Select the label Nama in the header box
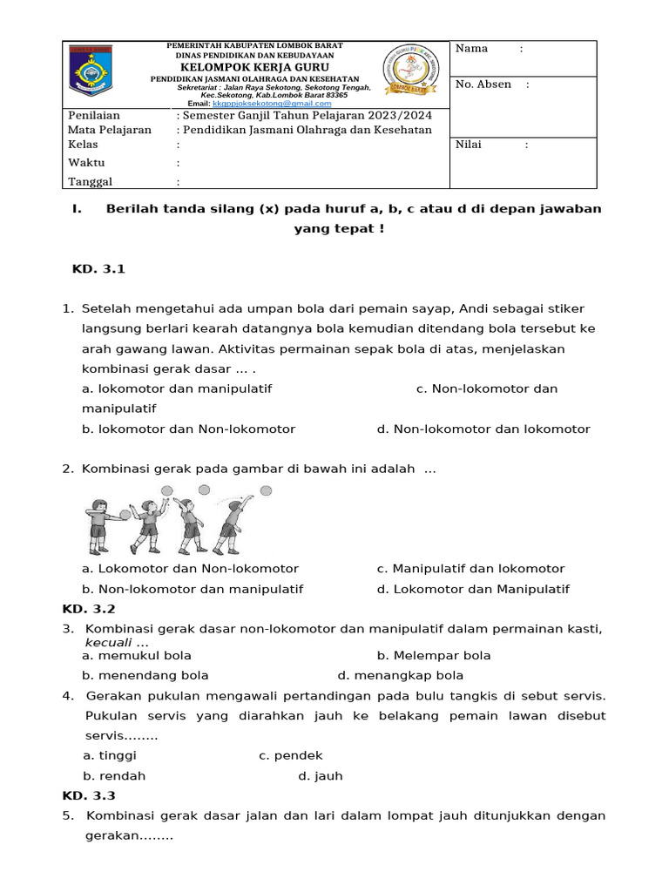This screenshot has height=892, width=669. pyautogui.click(x=471, y=49)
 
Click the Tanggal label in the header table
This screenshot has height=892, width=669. pyautogui.click(x=91, y=182)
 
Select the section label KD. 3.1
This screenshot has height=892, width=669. pyautogui.click(x=98, y=269)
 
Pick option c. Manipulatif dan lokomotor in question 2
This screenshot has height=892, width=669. pyautogui.click(x=470, y=569)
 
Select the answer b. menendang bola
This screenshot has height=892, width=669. pyautogui.click(x=145, y=675)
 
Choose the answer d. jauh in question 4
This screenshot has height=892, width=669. pyautogui.click(x=320, y=776)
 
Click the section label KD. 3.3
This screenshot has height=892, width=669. pyautogui.click(x=88, y=795)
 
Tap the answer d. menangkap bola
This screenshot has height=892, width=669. pyautogui.click(x=400, y=675)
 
